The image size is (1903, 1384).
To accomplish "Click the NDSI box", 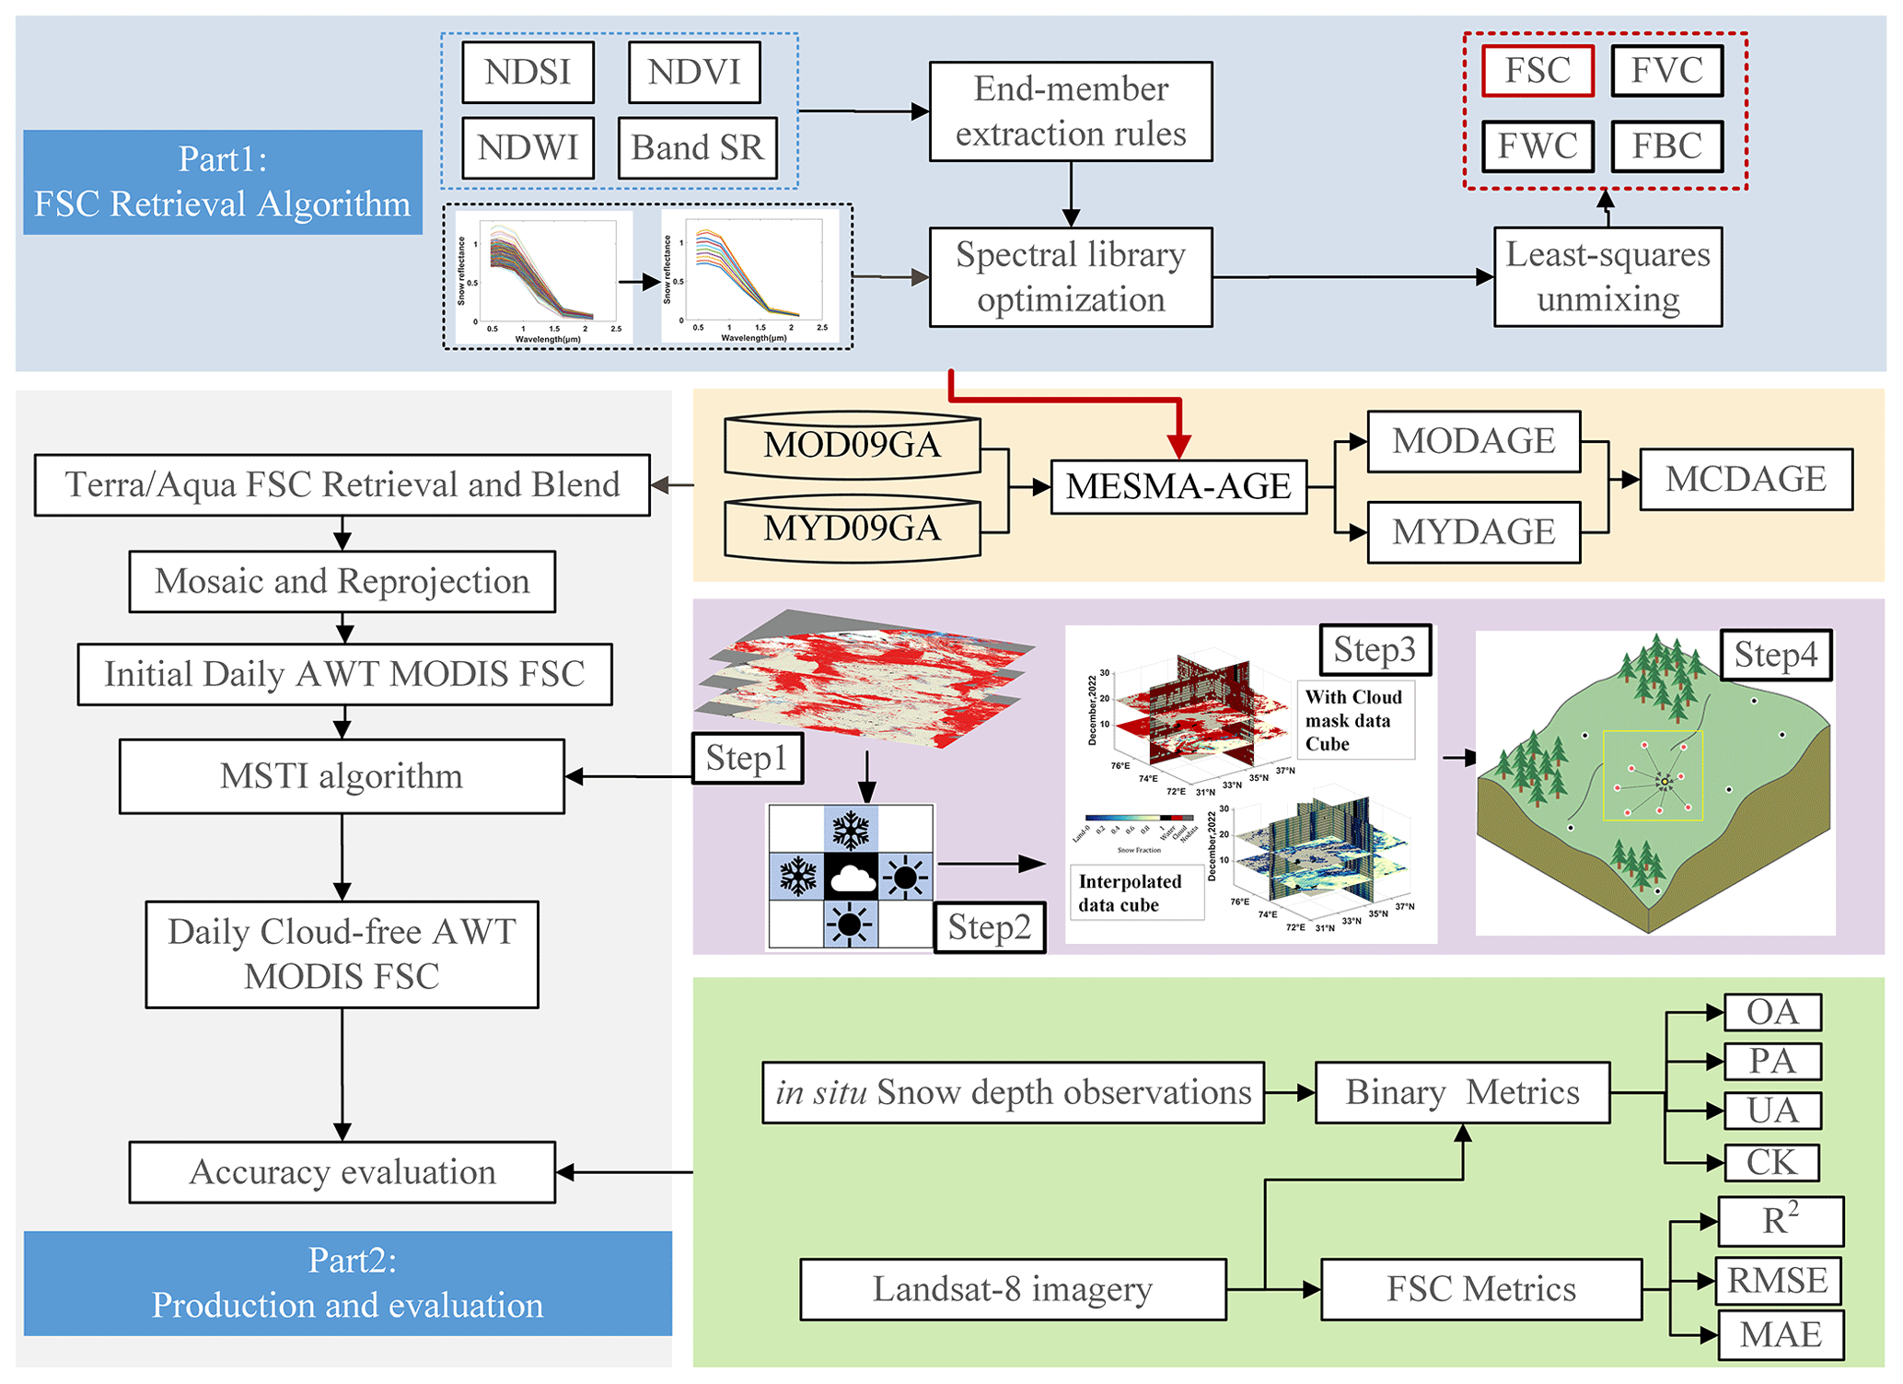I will tap(528, 72).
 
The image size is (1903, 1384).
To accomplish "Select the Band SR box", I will tap(697, 147).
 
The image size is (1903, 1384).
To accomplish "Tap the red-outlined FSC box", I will tap(1537, 71).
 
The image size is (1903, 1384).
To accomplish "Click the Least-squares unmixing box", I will tap(1607, 276).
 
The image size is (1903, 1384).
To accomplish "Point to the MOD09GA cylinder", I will tap(852, 444).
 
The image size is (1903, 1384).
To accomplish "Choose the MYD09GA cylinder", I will tap(852, 528).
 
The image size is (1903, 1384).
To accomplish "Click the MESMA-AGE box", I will tap(1178, 486).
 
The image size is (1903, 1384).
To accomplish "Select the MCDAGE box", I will tap(1746, 479).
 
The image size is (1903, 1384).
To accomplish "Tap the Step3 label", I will tap(1375, 649).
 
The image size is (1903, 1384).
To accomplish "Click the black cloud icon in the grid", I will tap(852, 878).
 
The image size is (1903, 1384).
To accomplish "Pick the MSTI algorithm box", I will tap(342, 776).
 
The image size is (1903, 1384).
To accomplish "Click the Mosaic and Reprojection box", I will tap(342, 581).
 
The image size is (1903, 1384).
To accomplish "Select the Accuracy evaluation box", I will tap(342, 1172).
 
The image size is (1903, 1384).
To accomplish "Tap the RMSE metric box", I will tap(1778, 1281).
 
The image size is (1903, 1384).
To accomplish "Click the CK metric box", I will tap(1771, 1162).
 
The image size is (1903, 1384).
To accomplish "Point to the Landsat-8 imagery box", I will tap(1013, 1289).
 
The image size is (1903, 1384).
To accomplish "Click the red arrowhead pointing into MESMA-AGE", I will tap(1178, 446).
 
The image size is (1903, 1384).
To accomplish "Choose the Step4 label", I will tap(1776, 655).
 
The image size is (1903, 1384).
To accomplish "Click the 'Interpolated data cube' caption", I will tap(1131, 893).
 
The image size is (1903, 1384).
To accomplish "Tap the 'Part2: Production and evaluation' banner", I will tap(348, 1283).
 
